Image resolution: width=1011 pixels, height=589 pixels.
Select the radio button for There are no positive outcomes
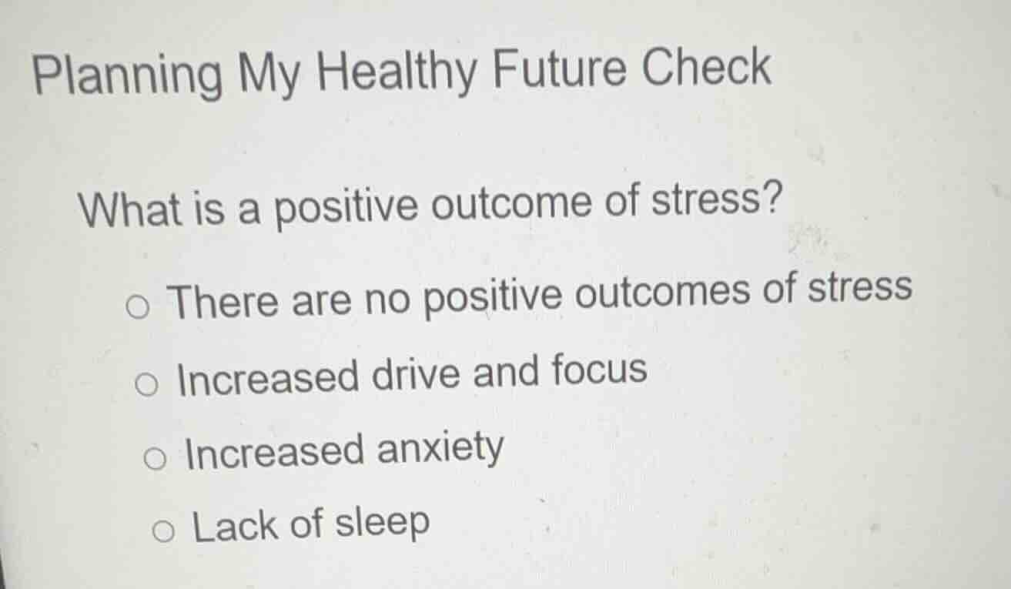(138, 309)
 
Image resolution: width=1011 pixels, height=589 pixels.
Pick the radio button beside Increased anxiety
(155, 460)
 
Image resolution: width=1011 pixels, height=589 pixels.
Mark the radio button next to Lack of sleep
(163, 531)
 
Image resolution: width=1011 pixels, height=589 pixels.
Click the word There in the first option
(224, 301)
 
